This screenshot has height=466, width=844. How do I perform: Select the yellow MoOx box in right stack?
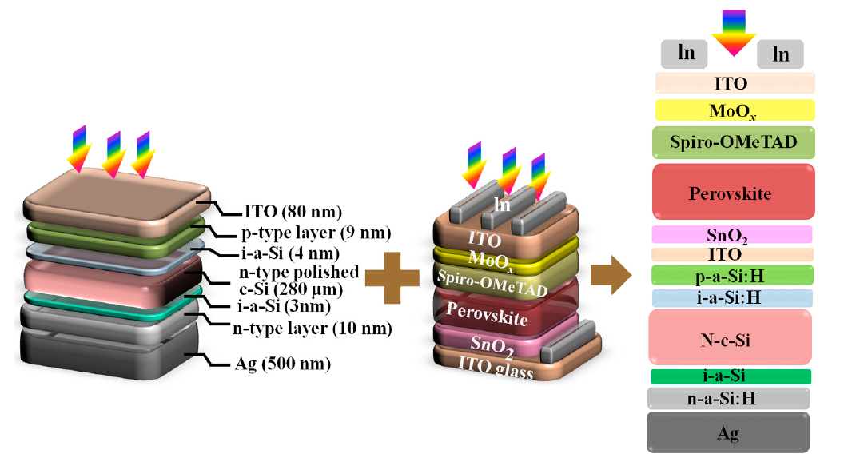(734, 110)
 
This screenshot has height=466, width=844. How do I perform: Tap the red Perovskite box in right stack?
(734, 193)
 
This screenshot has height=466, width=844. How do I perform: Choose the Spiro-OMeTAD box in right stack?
(734, 144)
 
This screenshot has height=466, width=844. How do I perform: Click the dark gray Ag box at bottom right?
(728, 433)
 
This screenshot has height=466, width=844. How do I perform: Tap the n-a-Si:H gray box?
(728, 398)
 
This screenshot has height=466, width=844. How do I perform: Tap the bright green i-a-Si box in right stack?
(731, 376)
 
